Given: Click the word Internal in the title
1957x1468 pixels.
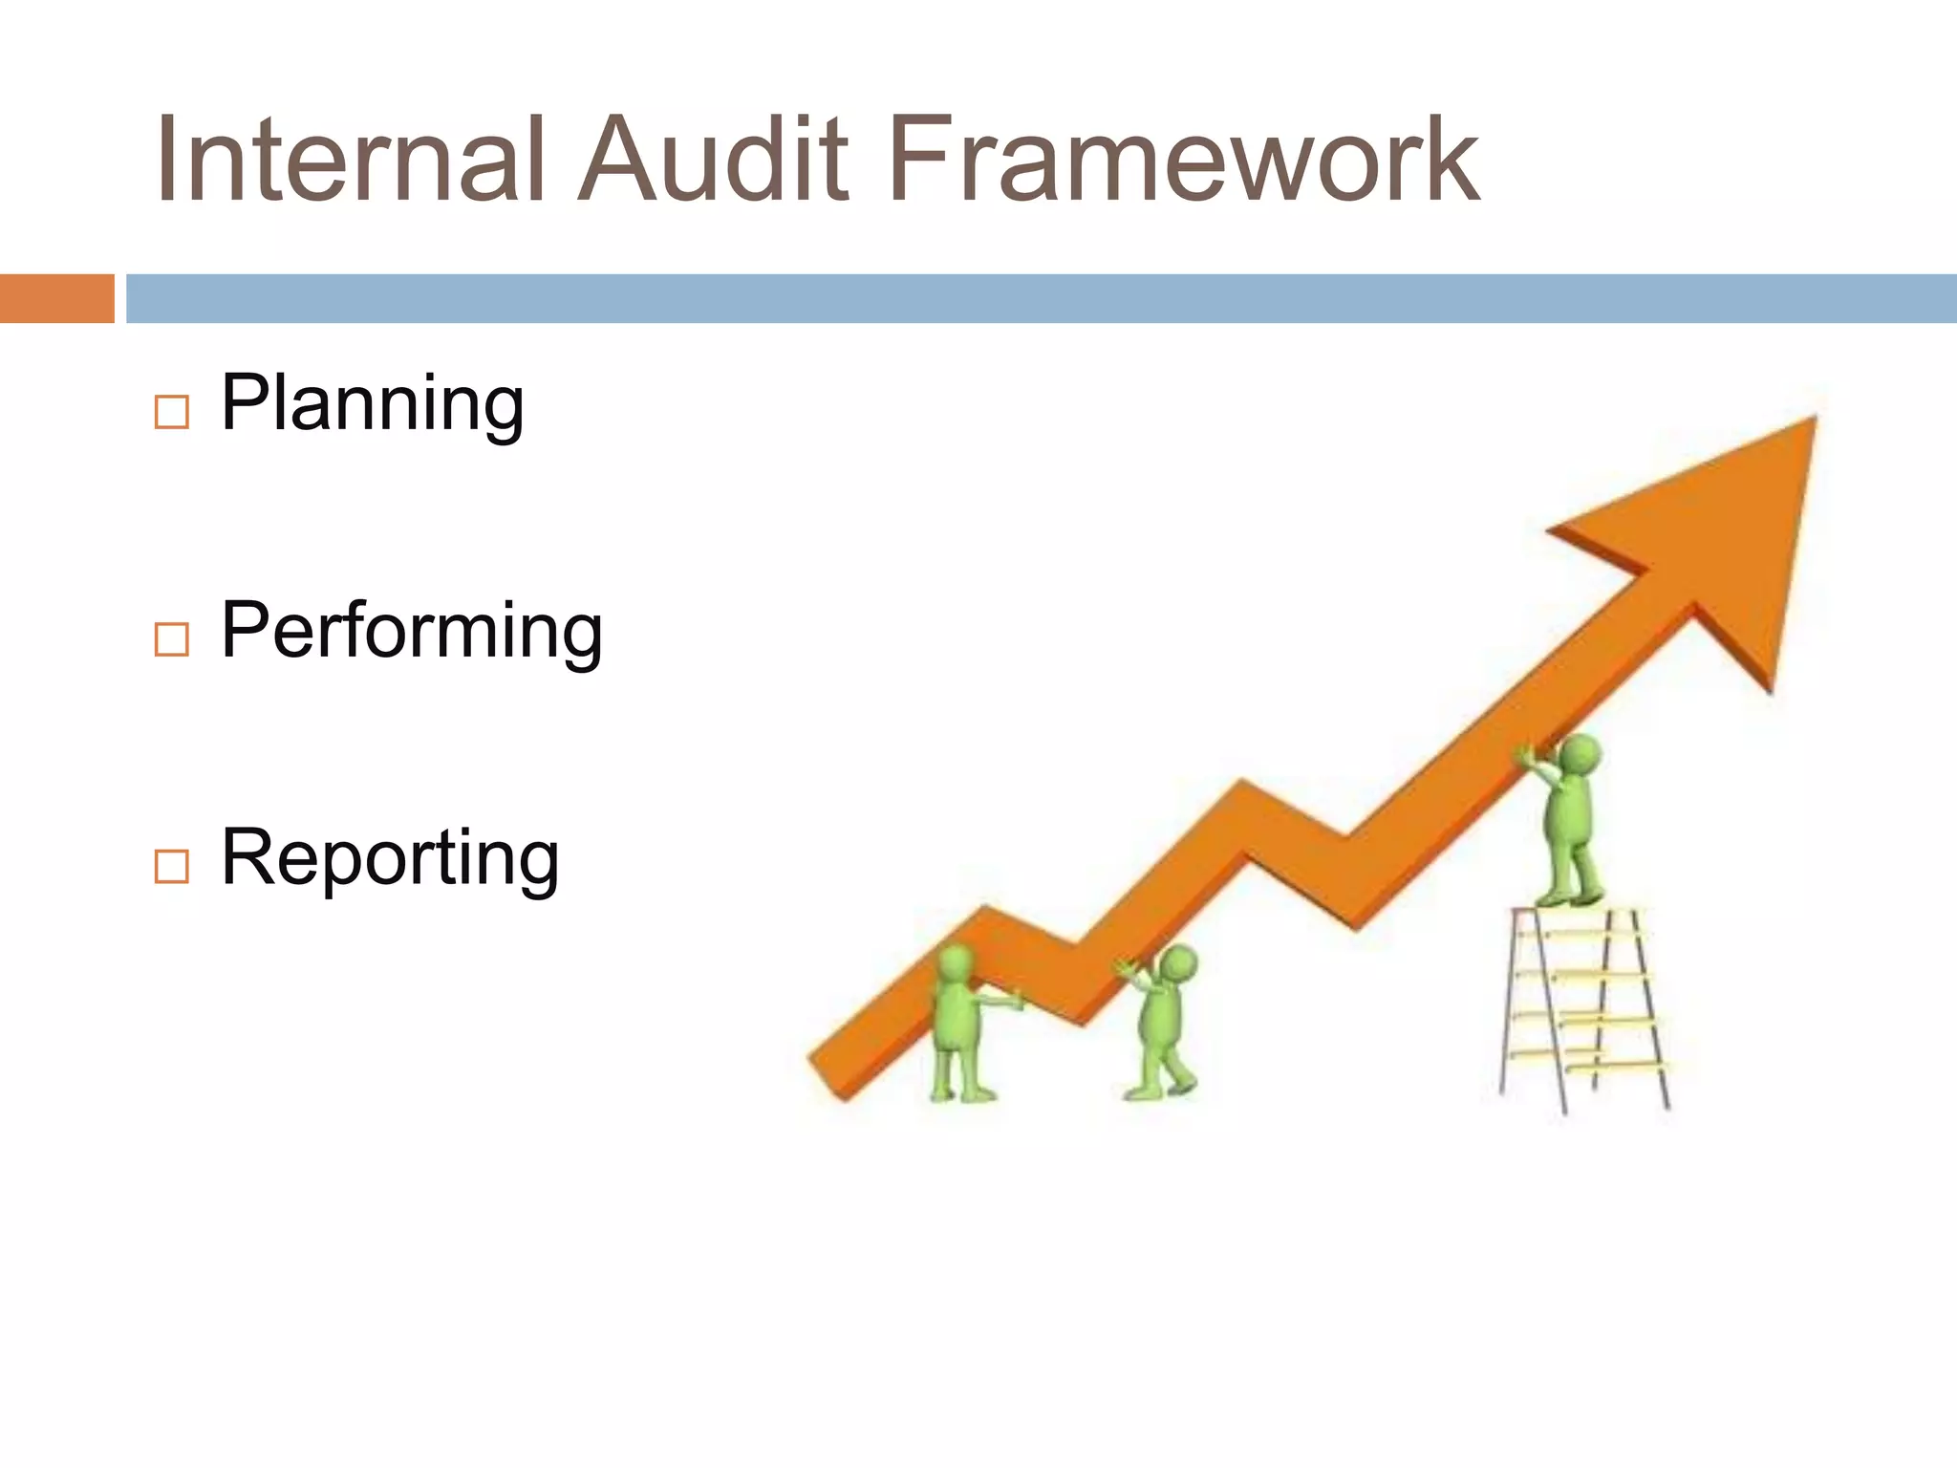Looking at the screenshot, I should (349, 160).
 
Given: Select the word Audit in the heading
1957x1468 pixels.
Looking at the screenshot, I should (713, 160).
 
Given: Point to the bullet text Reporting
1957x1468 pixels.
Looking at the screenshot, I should (389, 858).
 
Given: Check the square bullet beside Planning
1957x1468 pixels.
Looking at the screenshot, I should (171, 412).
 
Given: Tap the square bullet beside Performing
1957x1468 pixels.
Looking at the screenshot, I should (171, 638).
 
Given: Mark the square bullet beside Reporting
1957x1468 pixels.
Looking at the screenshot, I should (171, 865).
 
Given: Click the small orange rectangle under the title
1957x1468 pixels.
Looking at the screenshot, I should (56, 298).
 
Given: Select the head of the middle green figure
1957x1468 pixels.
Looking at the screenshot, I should (1178, 963).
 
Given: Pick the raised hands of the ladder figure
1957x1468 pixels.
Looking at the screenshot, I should (1527, 757).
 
